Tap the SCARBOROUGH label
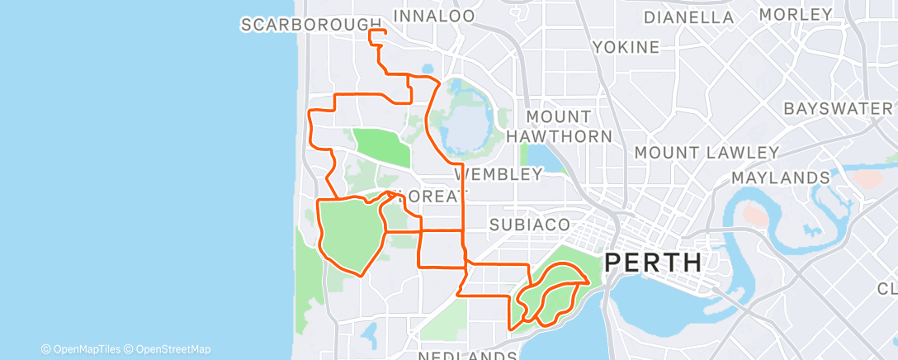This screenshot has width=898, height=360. [x=312, y=25]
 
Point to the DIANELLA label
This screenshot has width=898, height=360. [x=688, y=17]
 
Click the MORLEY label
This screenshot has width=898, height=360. [x=796, y=15]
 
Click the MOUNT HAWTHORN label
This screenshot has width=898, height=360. [x=560, y=126]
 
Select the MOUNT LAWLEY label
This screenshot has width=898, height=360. [x=707, y=153]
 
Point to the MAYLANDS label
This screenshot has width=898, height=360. [x=780, y=178]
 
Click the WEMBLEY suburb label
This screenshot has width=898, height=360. [x=499, y=174]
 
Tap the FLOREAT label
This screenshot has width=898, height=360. [x=429, y=197]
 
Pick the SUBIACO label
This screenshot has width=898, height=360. [x=530, y=224]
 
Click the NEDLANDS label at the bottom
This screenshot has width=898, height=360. [x=468, y=355]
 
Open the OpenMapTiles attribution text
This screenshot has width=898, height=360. [x=87, y=349]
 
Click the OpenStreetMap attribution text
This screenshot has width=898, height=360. [x=173, y=349]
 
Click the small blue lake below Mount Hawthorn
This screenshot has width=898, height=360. [x=541, y=156]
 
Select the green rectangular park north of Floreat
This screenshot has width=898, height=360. [x=381, y=146]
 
